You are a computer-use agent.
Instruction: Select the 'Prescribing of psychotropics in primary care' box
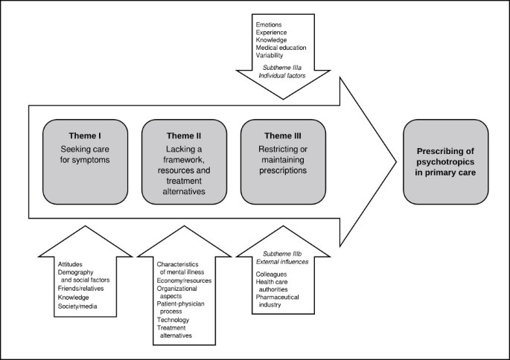click(x=445, y=161)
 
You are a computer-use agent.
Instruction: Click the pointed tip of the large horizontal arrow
click(x=394, y=161)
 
